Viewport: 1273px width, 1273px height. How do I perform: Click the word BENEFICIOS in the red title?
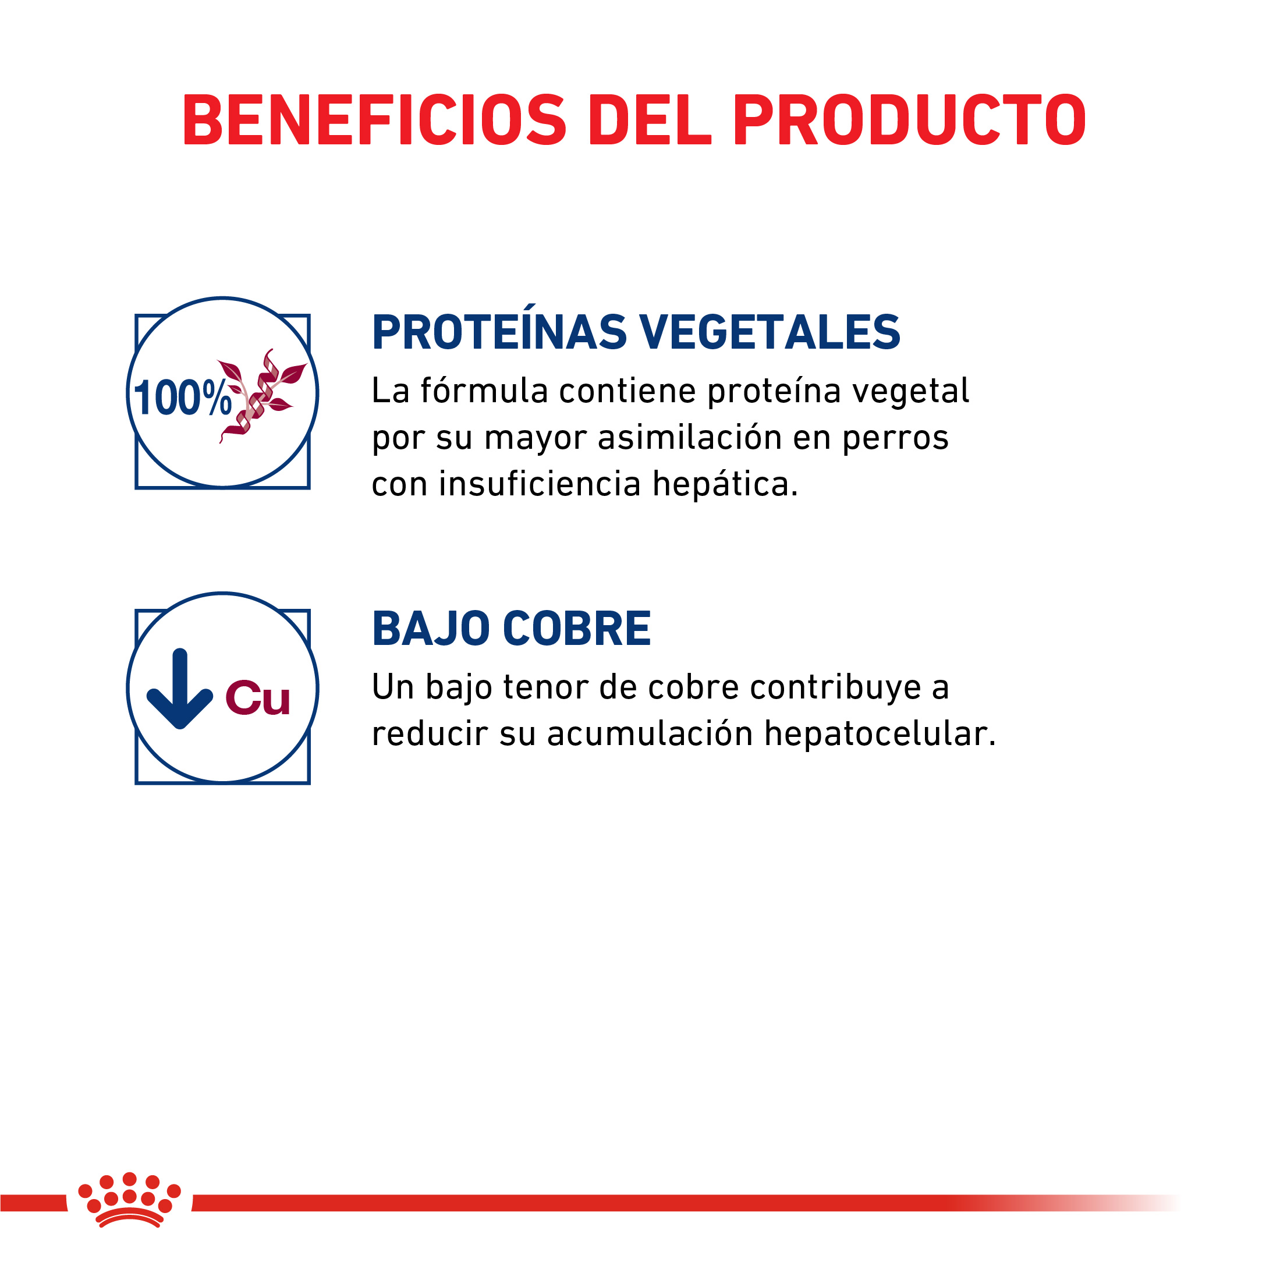click(374, 119)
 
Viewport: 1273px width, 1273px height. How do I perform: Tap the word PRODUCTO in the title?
click(909, 119)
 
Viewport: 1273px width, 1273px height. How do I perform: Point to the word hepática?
click(725, 484)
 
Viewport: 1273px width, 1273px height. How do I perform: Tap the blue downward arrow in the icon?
click(179, 689)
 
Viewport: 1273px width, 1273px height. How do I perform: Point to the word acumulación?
click(650, 734)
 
